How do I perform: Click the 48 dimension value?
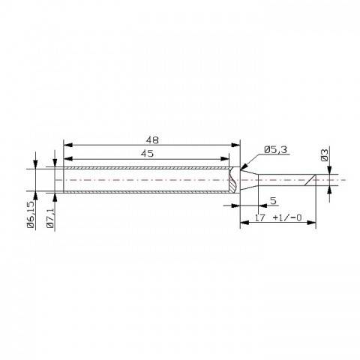coord(151,139)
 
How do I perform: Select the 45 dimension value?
coord(147,153)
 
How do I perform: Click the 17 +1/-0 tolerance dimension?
coord(278,217)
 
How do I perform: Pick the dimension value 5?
coord(273,201)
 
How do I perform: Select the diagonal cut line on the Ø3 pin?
coord(309,181)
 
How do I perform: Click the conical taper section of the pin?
coord(248,181)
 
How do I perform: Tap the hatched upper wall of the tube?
coord(146,168)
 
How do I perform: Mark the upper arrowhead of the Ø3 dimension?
coord(331,172)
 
